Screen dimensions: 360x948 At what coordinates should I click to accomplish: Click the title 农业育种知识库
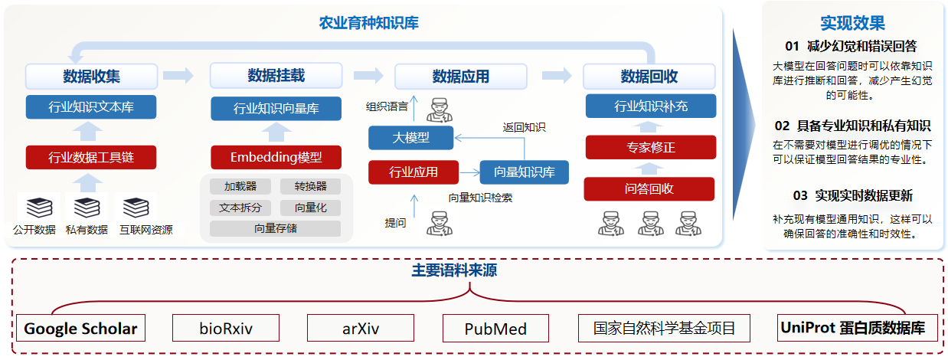click(x=368, y=23)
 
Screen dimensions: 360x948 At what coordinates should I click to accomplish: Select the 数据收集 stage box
click(x=91, y=77)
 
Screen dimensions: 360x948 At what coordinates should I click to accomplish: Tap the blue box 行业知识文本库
click(x=91, y=106)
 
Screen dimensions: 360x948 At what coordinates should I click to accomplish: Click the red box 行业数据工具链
click(x=91, y=158)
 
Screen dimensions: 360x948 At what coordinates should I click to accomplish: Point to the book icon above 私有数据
click(x=87, y=207)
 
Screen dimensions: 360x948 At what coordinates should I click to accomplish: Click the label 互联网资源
click(x=145, y=229)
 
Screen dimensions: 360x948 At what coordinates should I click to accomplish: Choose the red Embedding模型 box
click(x=276, y=158)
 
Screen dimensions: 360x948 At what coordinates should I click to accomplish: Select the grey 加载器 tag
click(x=240, y=186)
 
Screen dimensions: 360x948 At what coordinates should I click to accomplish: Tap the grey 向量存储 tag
click(x=275, y=228)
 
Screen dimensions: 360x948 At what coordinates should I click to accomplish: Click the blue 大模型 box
click(x=410, y=138)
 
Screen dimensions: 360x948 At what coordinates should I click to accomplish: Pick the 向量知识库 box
click(x=524, y=172)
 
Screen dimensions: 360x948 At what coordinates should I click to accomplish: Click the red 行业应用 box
click(x=414, y=172)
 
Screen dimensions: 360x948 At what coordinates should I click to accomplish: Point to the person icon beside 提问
click(x=439, y=224)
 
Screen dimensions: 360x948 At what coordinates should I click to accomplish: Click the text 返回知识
click(x=524, y=127)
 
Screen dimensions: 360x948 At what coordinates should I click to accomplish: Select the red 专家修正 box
click(x=650, y=147)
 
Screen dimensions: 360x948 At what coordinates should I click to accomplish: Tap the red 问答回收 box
click(x=649, y=188)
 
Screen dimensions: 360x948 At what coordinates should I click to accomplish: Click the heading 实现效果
click(x=852, y=24)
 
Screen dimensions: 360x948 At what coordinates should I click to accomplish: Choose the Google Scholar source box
click(x=80, y=329)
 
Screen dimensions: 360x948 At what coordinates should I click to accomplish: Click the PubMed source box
click(x=495, y=329)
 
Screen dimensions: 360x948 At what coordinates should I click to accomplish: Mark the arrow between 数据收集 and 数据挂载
click(x=178, y=76)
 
